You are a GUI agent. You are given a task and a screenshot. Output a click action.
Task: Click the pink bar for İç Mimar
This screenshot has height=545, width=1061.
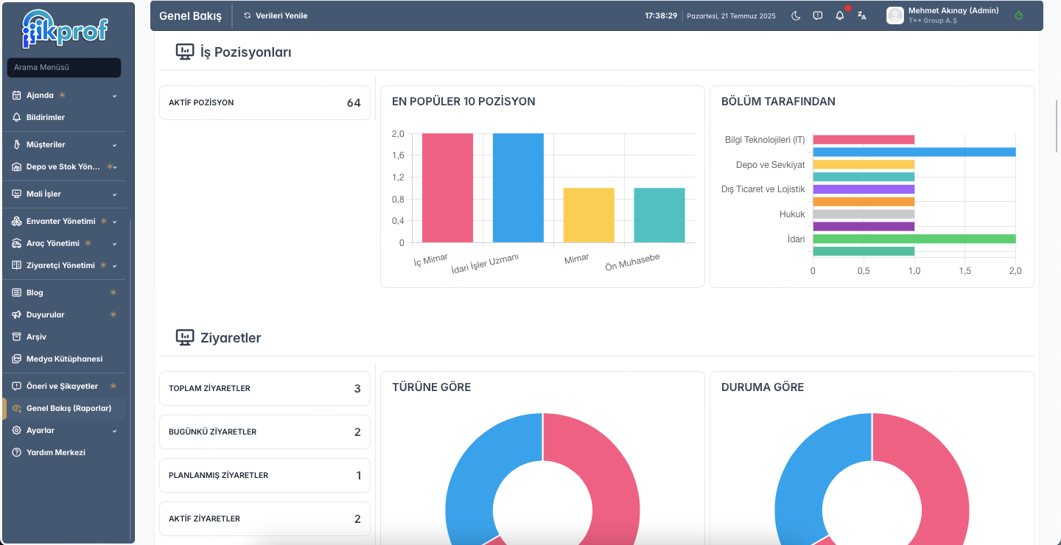click(447, 188)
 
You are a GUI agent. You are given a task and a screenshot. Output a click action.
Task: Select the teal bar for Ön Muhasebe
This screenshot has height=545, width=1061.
click(659, 215)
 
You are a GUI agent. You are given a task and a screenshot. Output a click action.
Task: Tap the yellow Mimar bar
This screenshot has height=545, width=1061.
click(589, 215)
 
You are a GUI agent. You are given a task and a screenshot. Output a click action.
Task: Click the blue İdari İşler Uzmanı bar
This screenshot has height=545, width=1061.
click(518, 188)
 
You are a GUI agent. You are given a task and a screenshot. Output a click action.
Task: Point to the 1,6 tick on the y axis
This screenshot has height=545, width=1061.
click(398, 155)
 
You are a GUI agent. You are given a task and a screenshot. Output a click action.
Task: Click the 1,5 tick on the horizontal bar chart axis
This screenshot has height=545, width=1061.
click(965, 271)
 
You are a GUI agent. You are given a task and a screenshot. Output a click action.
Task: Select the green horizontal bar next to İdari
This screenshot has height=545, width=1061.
click(914, 239)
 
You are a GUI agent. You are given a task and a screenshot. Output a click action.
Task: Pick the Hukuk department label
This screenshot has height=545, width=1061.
click(792, 214)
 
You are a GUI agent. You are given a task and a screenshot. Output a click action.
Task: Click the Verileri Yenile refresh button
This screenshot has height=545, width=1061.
click(276, 15)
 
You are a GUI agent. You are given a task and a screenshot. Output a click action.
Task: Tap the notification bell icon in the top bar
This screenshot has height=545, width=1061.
click(840, 15)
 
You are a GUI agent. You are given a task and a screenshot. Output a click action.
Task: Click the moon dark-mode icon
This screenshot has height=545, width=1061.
click(796, 15)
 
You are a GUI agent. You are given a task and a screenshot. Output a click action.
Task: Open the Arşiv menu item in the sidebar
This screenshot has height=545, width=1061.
click(36, 337)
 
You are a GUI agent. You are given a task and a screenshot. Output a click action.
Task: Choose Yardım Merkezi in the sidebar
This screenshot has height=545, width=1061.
click(55, 452)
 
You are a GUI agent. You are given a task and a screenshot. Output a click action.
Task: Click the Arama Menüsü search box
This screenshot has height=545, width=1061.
click(64, 67)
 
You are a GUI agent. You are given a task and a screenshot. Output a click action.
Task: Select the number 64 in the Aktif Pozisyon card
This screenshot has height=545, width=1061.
click(354, 103)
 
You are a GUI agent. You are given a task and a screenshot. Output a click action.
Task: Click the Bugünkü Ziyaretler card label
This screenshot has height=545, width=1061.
click(212, 432)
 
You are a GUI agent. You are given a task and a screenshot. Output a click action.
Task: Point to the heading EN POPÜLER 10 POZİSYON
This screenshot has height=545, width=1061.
click(463, 102)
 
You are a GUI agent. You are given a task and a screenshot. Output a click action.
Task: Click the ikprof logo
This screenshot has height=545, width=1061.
click(65, 29)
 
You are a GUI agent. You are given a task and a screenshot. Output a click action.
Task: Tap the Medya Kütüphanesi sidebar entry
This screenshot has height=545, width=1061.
click(64, 359)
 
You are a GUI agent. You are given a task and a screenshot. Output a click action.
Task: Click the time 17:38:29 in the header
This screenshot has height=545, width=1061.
click(661, 15)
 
